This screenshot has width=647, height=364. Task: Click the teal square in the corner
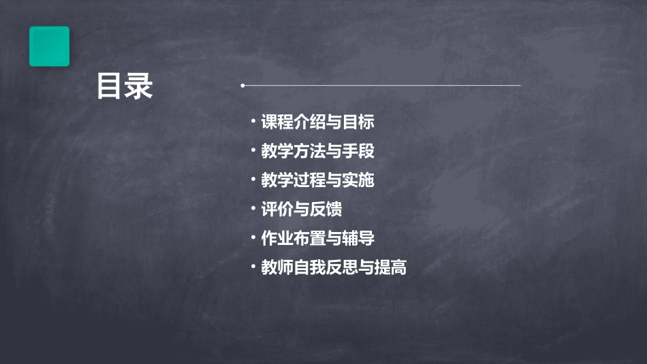click(x=49, y=46)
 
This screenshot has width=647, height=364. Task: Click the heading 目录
click(x=125, y=86)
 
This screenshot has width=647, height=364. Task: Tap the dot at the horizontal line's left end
click(x=242, y=86)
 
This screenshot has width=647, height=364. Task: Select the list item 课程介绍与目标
click(x=317, y=122)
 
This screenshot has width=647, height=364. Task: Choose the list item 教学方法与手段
click(x=317, y=151)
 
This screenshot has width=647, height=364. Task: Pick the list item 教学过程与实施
click(x=317, y=180)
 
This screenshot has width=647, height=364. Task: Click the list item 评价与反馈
click(x=301, y=210)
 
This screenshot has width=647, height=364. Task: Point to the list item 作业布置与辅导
click(x=317, y=239)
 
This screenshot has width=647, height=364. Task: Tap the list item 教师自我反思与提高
click(x=334, y=267)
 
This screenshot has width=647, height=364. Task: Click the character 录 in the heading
click(x=139, y=86)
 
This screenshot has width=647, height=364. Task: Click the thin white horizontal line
click(x=381, y=86)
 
